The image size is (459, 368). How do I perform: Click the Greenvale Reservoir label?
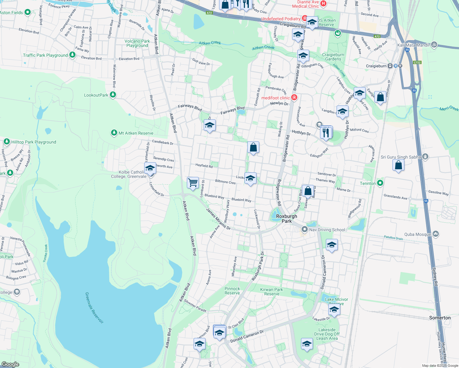(x=94, y=308)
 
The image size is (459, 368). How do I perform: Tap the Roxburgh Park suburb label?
(x=287, y=219)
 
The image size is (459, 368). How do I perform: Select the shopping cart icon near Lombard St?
(x=193, y=182)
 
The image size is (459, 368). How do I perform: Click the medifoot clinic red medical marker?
(x=294, y=98)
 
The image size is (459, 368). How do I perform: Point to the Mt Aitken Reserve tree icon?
(x=114, y=133)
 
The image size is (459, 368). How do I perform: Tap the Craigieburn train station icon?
(x=390, y=66)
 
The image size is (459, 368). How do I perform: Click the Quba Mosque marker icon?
(x=436, y=234)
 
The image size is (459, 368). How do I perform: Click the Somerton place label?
(x=440, y=318)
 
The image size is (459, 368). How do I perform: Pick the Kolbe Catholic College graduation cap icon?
(x=150, y=168)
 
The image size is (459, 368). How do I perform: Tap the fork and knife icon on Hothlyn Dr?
(x=326, y=133)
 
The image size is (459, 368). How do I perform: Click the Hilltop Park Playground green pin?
(x=7, y=142)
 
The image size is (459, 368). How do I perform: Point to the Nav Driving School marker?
(x=304, y=229)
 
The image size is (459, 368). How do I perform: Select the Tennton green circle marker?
(x=380, y=183)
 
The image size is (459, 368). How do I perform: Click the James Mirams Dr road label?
(x=218, y=219)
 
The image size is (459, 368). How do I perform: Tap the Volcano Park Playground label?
(x=137, y=43)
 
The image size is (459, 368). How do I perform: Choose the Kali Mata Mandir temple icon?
(x=434, y=45)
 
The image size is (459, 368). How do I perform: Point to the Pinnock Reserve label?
(x=232, y=291)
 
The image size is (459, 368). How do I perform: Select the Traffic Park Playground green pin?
(x=72, y=55)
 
